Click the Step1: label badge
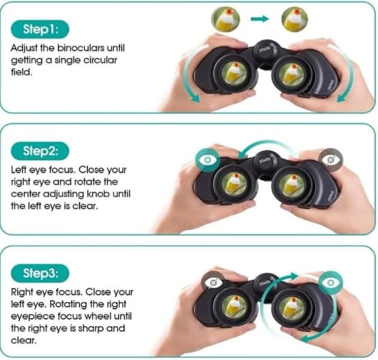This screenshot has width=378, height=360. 40,30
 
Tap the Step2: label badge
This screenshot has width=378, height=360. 40,151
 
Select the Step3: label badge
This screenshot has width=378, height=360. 40,273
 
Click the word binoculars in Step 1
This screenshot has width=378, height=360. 81,48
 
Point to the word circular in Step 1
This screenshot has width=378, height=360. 100,60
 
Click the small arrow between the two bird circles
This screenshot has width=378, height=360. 260,18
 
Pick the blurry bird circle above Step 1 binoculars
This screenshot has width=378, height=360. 226,19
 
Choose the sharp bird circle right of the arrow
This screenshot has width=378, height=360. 295,19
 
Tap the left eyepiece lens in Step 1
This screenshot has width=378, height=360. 234,74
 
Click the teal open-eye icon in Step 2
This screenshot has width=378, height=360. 207,160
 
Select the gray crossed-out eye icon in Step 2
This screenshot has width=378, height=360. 331,160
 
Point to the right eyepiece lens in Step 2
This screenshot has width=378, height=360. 292,185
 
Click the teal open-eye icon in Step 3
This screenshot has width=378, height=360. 331,283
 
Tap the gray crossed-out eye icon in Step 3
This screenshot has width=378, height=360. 213,283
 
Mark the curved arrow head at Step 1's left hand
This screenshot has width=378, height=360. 195,98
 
